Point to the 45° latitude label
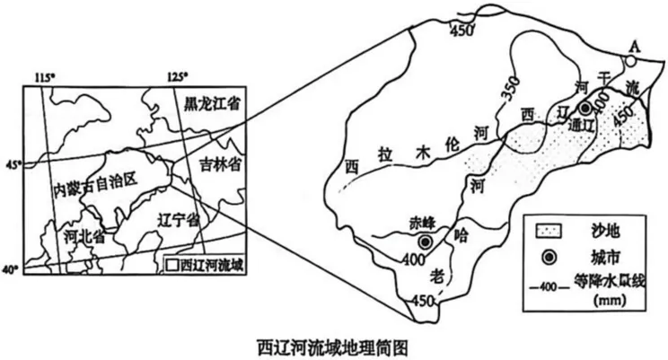pyautogui.click(x=13, y=165)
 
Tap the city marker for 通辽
pyautogui.click(x=585, y=108)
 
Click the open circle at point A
pyautogui.click(x=630, y=61)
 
